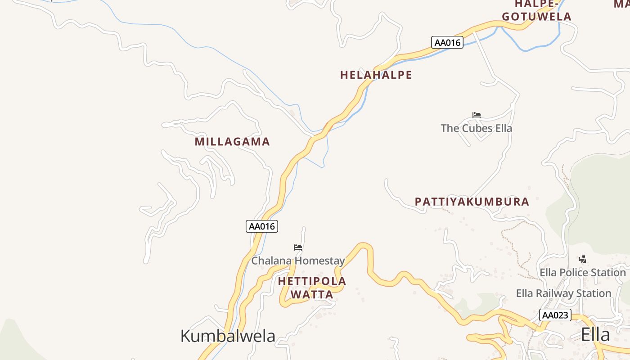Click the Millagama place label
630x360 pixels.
coord(232,142)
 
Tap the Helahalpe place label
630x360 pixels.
coord(376,75)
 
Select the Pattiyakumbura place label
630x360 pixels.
coord(472,202)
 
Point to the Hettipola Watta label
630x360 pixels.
coord(312,288)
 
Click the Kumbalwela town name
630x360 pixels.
coord(228,336)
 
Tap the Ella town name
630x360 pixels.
coord(595,335)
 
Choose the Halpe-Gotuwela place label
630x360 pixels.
coord(536,11)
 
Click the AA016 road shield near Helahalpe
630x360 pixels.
coord(447,43)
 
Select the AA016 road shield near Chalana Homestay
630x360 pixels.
coord(262,226)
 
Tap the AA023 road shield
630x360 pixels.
coord(555,315)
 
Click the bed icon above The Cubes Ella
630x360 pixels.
coord(477,115)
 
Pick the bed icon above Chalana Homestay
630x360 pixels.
coord(298,247)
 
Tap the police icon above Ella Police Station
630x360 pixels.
coord(583,259)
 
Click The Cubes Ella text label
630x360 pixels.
coord(476,128)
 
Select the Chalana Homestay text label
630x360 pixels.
coord(298,261)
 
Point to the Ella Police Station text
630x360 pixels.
coord(583,273)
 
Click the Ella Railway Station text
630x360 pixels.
coord(563,294)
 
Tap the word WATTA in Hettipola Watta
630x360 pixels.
coord(312,295)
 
